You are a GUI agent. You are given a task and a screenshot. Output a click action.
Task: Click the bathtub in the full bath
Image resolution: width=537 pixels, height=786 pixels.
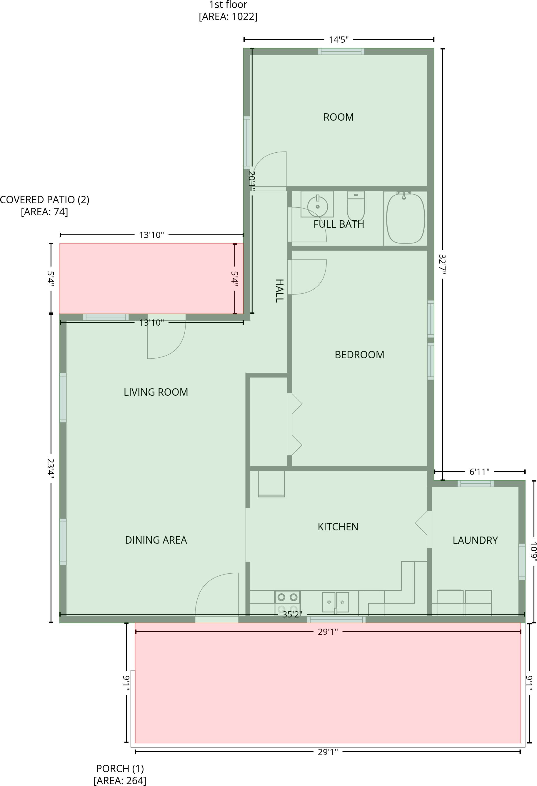click(x=405, y=218)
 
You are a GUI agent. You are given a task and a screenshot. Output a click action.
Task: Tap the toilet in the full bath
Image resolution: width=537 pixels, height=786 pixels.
click(x=356, y=206)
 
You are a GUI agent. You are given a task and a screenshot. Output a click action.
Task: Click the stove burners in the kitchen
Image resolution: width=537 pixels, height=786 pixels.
click(x=287, y=602)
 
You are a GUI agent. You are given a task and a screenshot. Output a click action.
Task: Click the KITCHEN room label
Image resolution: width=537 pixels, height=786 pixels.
click(x=338, y=527)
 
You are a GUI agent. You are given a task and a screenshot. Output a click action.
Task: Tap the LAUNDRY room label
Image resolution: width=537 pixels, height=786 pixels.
click(x=475, y=540)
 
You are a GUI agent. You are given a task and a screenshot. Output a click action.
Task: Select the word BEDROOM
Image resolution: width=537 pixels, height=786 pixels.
click(x=359, y=354)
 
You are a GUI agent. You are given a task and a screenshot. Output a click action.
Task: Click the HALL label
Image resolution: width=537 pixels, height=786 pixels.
click(x=279, y=291)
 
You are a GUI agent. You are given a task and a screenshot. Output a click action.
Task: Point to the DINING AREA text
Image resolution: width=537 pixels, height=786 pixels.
click(x=156, y=540)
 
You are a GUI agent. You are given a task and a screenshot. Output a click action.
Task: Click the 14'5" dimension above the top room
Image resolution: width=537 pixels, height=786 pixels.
click(x=338, y=40)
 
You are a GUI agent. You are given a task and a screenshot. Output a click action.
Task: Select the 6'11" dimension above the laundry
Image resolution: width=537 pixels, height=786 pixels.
click(x=479, y=472)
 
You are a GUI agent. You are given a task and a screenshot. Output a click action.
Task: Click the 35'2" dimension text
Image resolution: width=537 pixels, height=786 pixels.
click(x=292, y=614)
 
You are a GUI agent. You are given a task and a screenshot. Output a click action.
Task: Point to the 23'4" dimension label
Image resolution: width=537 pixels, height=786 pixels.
click(x=51, y=467)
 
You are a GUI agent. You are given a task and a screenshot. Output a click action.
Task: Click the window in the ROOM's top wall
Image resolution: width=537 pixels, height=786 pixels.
click(x=341, y=51)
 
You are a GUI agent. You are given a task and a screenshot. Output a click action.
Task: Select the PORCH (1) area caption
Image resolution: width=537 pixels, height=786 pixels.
click(x=120, y=774)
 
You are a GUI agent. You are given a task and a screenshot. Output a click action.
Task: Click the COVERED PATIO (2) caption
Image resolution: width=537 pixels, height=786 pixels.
click(x=44, y=205)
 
